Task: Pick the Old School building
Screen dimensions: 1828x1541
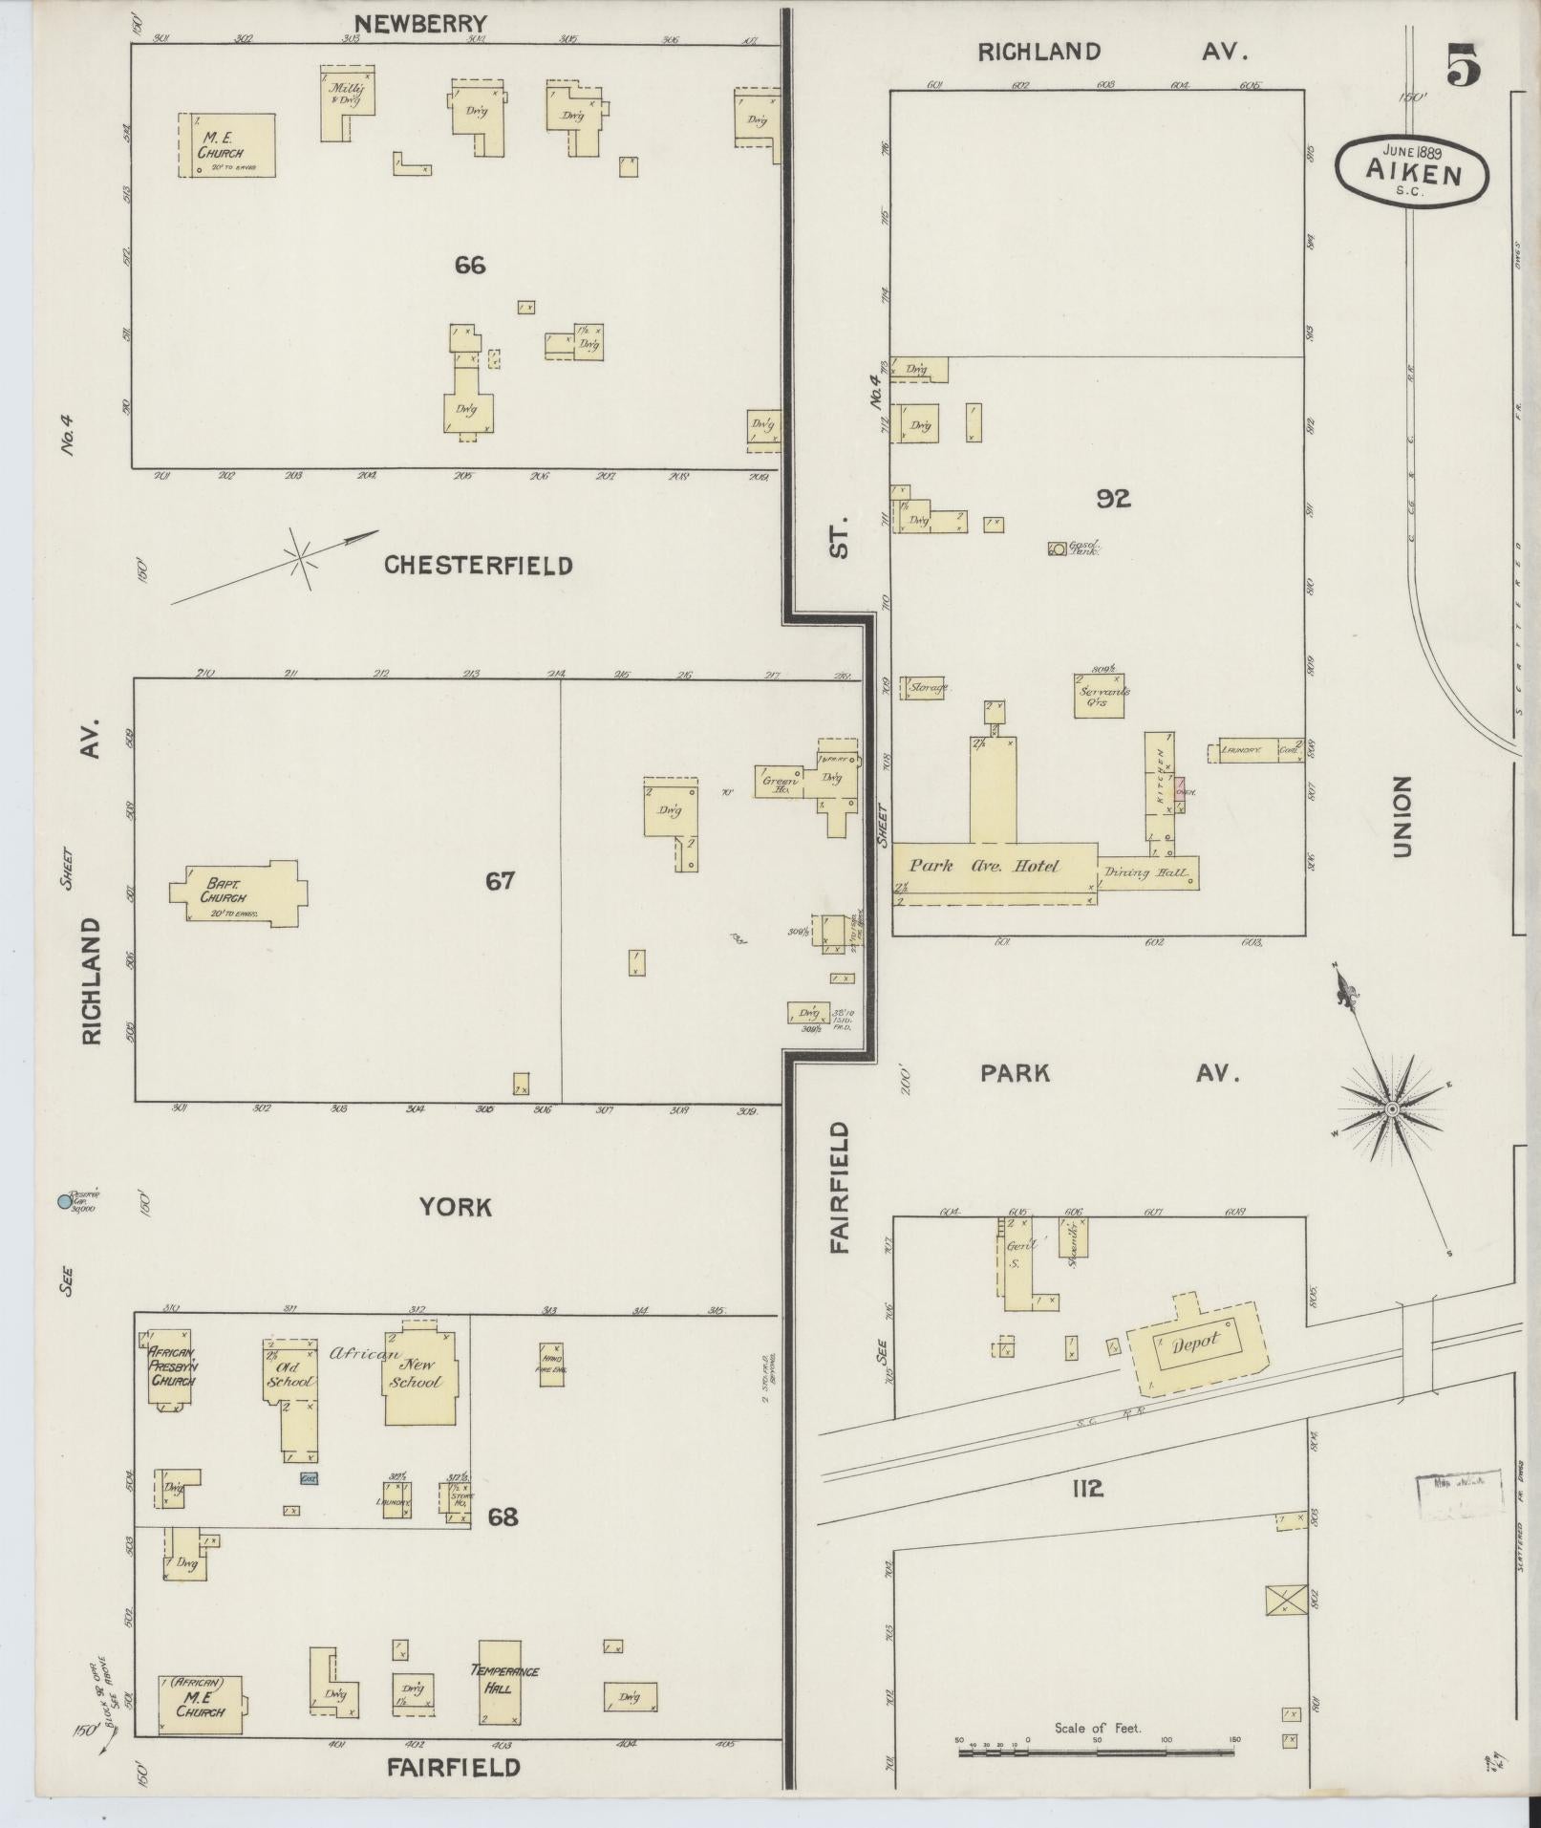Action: click(290, 1375)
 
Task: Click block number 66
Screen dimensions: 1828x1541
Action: click(470, 265)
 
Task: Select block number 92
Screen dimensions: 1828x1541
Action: click(1113, 498)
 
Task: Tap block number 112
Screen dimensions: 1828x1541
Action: click(1087, 1487)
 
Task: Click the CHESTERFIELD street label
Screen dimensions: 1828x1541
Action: click(478, 566)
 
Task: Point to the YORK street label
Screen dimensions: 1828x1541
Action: click(456, 1208)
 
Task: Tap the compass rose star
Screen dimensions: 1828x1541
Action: click(1391, 1108)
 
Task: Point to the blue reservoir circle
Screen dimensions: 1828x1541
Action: click(65, 1201)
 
